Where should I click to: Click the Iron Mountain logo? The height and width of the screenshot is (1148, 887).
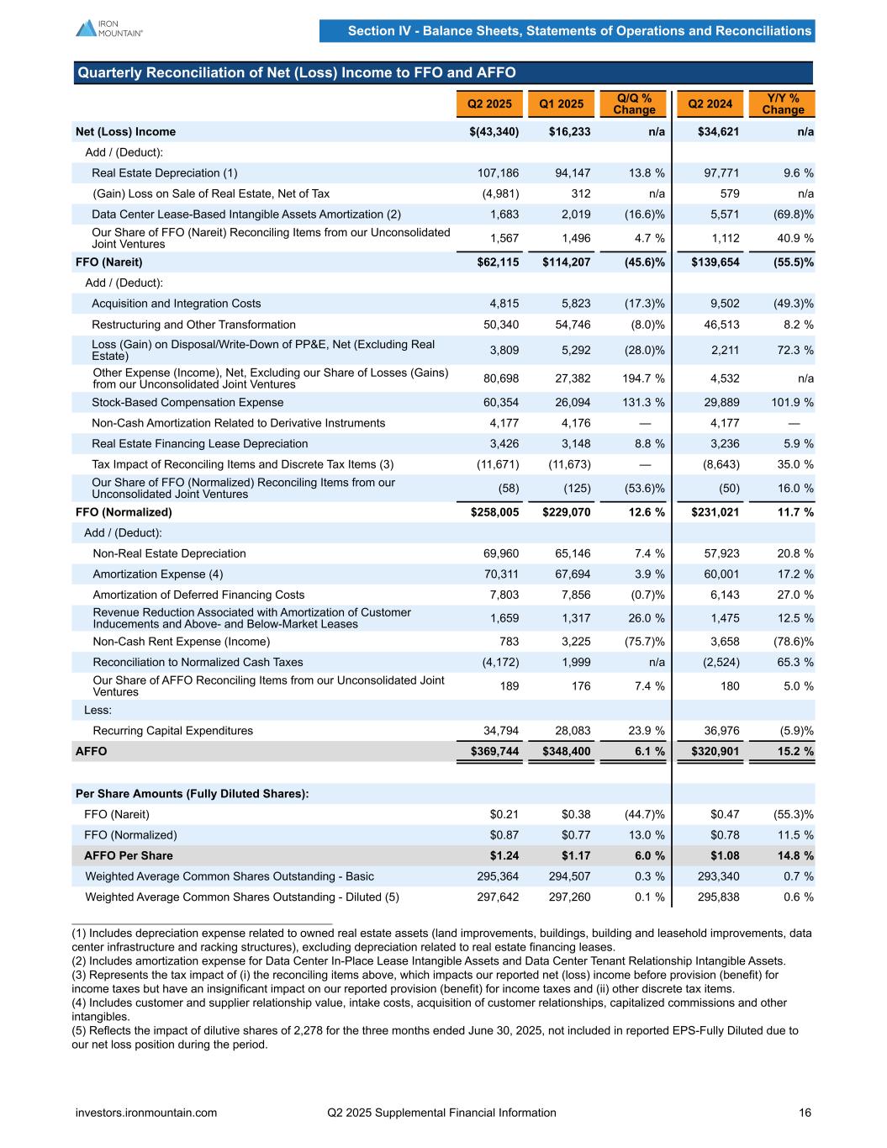(109, 28)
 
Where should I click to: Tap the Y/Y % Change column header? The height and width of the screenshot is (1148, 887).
(783, 104)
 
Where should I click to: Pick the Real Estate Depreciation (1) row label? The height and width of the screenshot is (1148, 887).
(165, 173)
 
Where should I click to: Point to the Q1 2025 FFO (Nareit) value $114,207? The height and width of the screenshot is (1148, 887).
(566, 262)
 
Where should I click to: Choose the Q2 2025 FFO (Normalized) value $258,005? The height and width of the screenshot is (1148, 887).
(494, 512)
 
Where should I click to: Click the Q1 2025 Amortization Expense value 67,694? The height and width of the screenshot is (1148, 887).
(571, 574)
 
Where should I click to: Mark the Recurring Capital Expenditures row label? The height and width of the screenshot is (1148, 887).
(172, 731)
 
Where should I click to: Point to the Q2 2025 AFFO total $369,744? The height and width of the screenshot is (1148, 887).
(494, 751)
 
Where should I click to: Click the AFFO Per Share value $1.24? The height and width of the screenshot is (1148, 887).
(504, 856)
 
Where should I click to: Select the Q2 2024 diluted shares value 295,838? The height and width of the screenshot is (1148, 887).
(719, 897)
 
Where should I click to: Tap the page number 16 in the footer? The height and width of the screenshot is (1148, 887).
(805, 1113)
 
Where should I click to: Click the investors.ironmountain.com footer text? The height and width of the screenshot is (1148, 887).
(146, 1113)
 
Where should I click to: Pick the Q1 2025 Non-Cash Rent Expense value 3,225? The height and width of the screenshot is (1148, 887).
(575, 642)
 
